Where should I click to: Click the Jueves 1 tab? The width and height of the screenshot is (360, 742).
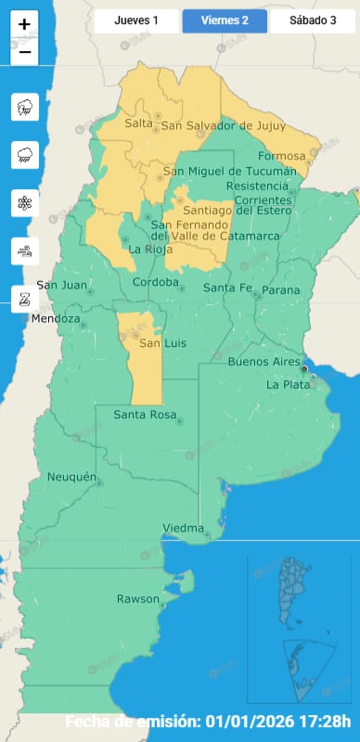[x=136, y=19]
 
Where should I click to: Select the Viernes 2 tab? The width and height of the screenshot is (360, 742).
[x=225, y=19]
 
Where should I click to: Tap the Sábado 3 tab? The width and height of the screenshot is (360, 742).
[x=314, y=19]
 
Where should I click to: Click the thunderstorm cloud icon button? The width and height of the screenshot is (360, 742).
[x=24, y=108]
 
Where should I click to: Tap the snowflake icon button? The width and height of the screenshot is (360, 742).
[x=24, y=203]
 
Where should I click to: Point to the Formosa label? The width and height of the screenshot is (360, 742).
[x=284, y=156]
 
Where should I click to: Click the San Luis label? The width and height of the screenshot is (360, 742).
[x=157, y=344]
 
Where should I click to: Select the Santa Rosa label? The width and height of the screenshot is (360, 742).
[x=142, y=415]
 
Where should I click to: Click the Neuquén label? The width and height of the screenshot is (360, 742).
[x=71, y=478]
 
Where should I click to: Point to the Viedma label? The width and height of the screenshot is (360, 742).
[x=183, y=529]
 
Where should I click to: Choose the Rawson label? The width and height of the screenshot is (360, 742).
[x=138, y=599]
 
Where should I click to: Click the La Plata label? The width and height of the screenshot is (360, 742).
[x=288, y=384]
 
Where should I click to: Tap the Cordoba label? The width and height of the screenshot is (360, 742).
[x=155, y=282]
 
